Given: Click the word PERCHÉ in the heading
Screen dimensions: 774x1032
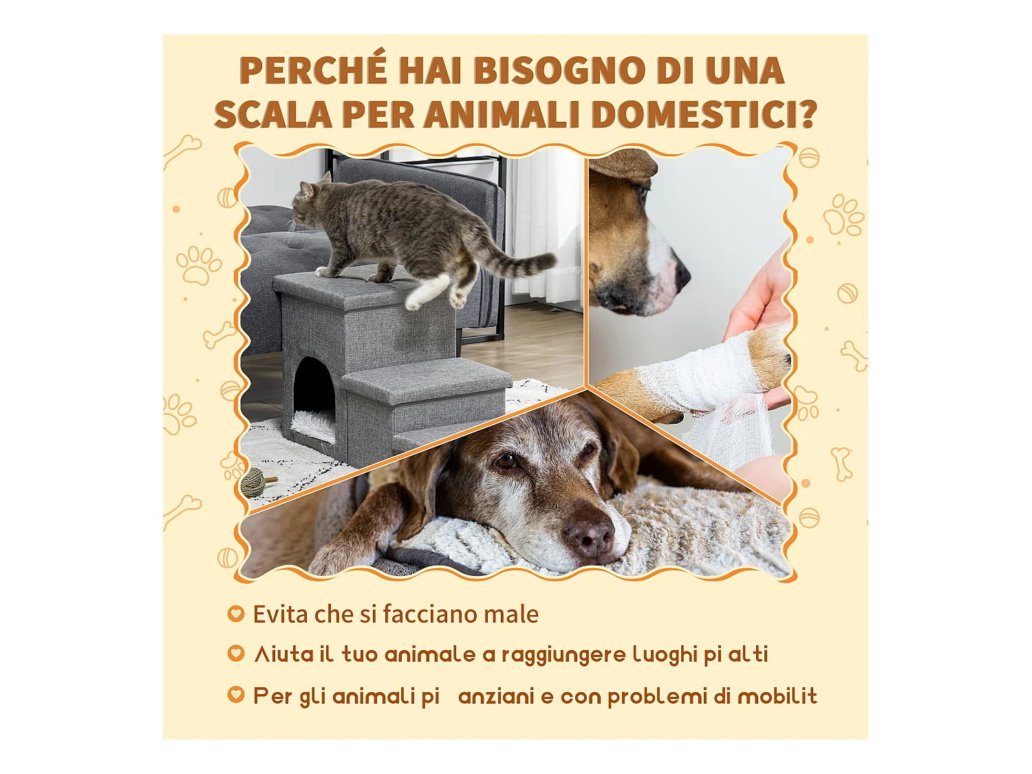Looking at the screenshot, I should [x=313, y=71].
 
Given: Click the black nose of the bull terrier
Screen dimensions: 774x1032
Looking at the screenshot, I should [x=681, y=275].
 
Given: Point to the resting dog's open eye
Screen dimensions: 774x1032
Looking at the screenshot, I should [x=507, y=460].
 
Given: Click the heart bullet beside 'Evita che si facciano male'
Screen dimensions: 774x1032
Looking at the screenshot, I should [x=236, y=613].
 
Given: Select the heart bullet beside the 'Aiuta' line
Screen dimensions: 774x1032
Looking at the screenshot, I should [x=236, y=654].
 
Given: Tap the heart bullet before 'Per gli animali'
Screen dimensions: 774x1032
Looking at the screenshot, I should [x=236, y=695].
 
